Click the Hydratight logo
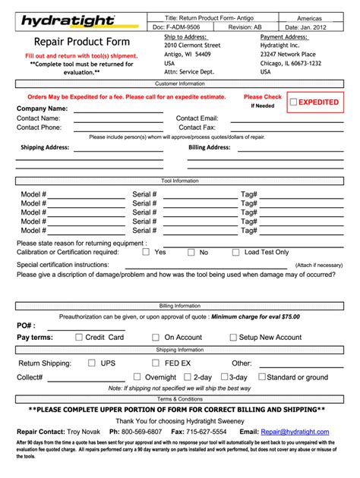point(68,20)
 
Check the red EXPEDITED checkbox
point(293,102)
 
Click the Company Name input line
point(118,109)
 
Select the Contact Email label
point(197,118)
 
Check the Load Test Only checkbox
point(236,253)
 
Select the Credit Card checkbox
point(76,338)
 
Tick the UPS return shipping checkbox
point(92,363)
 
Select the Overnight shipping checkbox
point(136,377)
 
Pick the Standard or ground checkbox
point(262,377)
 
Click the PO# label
point(26,325)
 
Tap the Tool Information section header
point(179,181)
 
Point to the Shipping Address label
point(45,147)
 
